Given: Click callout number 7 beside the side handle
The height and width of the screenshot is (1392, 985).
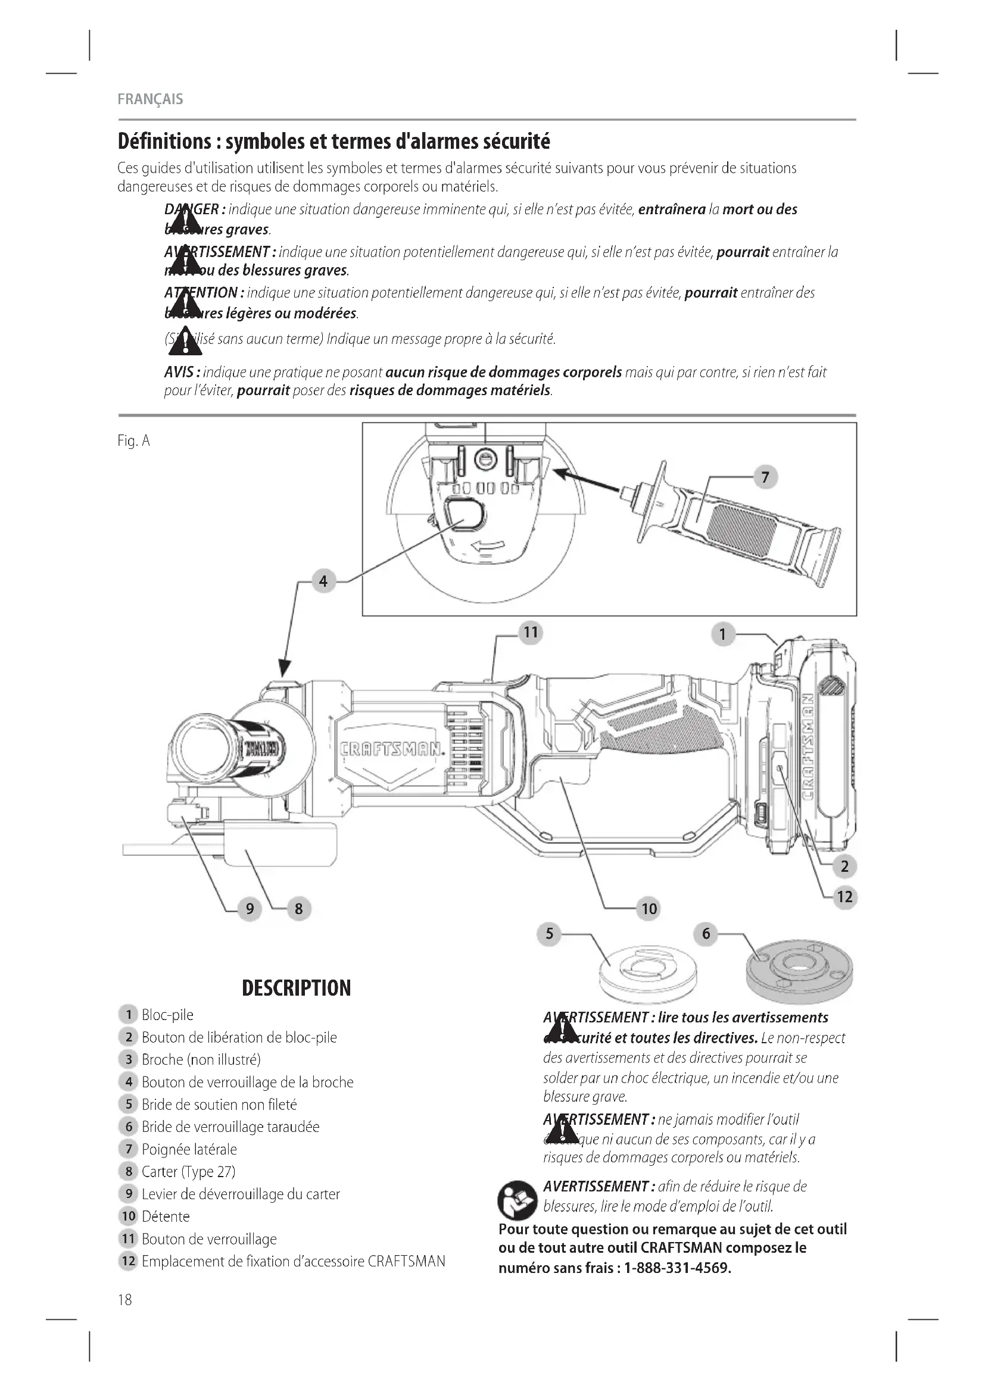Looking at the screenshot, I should [765, 477].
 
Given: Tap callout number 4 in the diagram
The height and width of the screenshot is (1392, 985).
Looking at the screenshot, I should [323, 581].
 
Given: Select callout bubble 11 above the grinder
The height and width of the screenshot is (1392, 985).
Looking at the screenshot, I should [531, 633].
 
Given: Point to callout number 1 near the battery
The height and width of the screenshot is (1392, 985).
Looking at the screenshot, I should [722, 635].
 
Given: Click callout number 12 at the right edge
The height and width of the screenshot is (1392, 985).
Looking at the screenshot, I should [845, 897].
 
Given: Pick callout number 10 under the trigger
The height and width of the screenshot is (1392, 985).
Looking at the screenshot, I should [649, 908].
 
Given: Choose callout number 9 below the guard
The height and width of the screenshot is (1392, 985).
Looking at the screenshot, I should [250, 909].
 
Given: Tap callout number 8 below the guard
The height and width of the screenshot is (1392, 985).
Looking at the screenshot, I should [298, 909].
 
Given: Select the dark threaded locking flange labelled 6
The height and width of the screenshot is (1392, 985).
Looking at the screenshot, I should [799, 976].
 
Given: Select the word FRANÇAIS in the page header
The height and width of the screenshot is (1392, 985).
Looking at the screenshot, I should [150, 99].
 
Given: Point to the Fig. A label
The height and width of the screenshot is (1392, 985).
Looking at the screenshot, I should [133, 441].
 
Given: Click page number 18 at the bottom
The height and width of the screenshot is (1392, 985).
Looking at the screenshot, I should [124, 1299].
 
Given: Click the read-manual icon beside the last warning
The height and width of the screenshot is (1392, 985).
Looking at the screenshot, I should [517, 1200].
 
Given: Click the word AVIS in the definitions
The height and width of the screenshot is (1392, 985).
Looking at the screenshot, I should [179, 372].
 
